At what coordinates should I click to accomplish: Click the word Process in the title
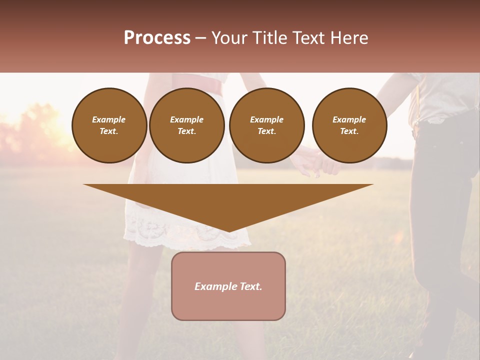pyautogui.click(x=157, y=38)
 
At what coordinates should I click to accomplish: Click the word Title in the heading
pyautogui.click(x=268, y=38)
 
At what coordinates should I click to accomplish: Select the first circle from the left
pyautogui.click(x=109, y=125)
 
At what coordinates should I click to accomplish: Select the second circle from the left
pyautogui.click(x=186, y=125)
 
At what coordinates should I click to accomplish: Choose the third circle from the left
pyautogui.click(x=266, y=125)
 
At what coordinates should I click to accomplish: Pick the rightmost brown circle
pyautogui.click(x=349, y=125)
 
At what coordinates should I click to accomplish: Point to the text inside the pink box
pyautogui.click(x=228, y=286)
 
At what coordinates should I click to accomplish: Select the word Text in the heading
pyautogui.click(x=308, y=38)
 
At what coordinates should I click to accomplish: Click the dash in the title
pyautogui.click(x=200, y=38)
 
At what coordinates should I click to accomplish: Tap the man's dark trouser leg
pyautogui.click(x=440, y=225)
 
